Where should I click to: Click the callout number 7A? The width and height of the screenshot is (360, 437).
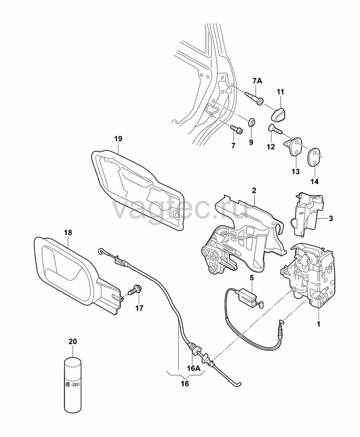click(257, 81)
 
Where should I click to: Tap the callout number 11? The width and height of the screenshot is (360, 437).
click(280, 91)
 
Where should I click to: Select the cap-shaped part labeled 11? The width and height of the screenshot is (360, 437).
click(280, 114)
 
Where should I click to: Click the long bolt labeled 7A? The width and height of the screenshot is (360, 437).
click(254, 99)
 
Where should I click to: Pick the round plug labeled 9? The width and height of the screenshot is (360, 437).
click(252, 122)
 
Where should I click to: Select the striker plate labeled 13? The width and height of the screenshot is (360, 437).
click(294, 147)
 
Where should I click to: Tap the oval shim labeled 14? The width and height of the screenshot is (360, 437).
click(314, 157)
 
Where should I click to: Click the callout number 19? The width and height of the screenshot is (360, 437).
click(118, 139)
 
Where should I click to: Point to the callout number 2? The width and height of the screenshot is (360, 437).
click(254, 191)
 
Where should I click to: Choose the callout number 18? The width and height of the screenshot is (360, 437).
click(68, 233)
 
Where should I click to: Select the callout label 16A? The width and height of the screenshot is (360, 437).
click(193, 368)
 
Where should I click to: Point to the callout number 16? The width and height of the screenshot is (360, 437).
click(185, 384)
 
